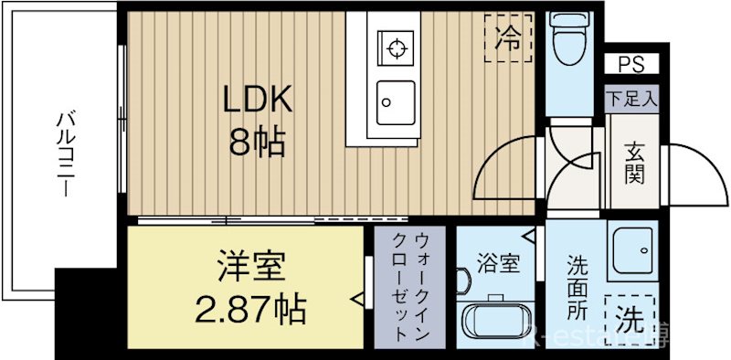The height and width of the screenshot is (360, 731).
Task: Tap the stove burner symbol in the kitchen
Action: coord(396,47)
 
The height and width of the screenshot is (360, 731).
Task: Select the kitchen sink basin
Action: coord(396,98)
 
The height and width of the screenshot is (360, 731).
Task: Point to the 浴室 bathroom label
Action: coord(498,266)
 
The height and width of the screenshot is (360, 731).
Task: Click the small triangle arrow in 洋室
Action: coord(357,298)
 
